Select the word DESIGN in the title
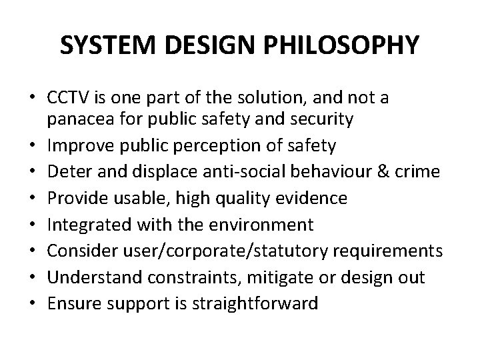pos(211,45)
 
